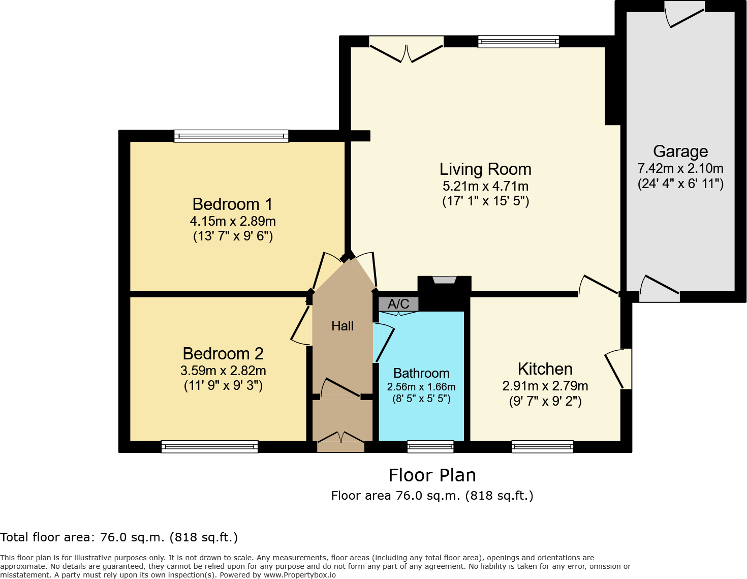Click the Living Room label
(x=485, y=169)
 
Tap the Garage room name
(x=680, y=151)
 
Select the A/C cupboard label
(x=398, y=304)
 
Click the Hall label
(x=343, y=326)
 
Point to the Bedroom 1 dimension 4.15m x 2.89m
(x=233, y=221)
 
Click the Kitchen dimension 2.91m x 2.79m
(x=545, y=386)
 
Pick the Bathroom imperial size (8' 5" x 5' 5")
(x=421, y=399)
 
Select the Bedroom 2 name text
(x=223, y=354)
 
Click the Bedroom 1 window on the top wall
(x=231, y=136)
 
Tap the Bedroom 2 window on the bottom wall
(x=209, y=447)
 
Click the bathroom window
(x=430, y=447)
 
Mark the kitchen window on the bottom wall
(x=543, y=447)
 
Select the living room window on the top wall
(x=518, y=42)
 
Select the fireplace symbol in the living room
(x=445, y=280)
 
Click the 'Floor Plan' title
(x=432, y=475)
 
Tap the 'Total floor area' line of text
(x=119, y=537)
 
